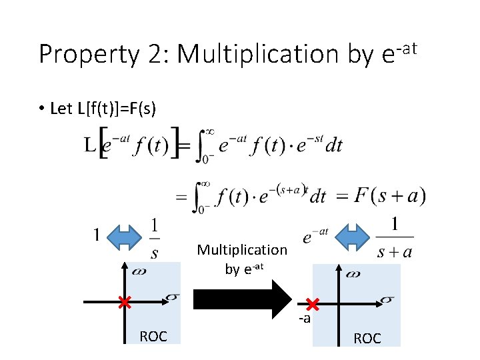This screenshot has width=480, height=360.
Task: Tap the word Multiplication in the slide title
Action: pyautogui.click(x=257, y=55)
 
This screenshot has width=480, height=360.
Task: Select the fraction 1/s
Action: pyautogui.click(x=155, y=239)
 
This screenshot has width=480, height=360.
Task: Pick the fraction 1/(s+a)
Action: pyautogui.click(x=395, y=238)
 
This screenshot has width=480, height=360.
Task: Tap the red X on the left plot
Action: pyautogui.click(x=124, y=303)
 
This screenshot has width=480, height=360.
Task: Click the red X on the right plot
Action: pyautogui.click(x=312, y=305)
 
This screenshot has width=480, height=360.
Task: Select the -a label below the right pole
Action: pyautogui.click(x=304, y=319)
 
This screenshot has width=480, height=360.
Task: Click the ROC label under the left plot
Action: pyautogui.click(x=153, y=336)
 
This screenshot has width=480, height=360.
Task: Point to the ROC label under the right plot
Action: pyautogui.click(x=367, y=338)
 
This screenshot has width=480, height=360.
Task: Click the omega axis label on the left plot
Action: pyautogui.click(x=139, y=272)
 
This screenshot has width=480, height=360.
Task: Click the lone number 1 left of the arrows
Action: pyautogui.click(x=97, y=235)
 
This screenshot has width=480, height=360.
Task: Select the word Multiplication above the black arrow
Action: pyautogui.click(x=242, y=250)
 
